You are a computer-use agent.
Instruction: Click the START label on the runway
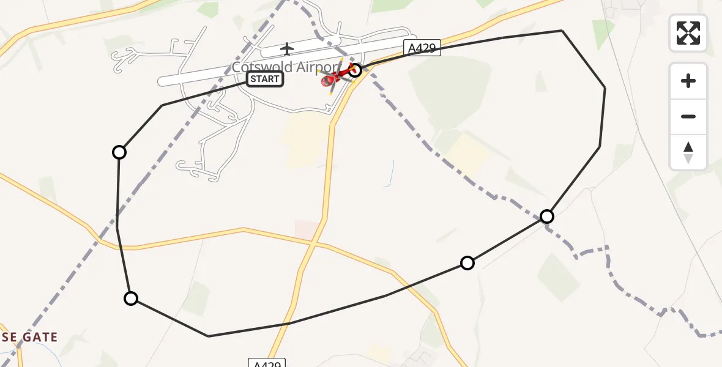pyautogui.click(x=265, y=79)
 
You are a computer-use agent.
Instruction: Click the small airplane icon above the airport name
pyautogui.click(x=286, y=48)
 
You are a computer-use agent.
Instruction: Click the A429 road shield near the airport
pyautogui.click(x=422, y=48)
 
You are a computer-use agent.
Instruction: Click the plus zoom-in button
pyautogui.click(x=688, y=81)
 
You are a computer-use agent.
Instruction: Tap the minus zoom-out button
pyautogui.click(x=688, y=116)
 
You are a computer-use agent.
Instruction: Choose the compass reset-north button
pyautogui.click(x=688, y=152)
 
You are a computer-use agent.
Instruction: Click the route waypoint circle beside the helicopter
pyautogui.click(x=355, y=70)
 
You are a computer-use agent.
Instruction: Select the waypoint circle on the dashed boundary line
pyautogui.click(x=547, y=216)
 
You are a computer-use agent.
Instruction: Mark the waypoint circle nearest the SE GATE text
pyautogui.click(x=131, y=298)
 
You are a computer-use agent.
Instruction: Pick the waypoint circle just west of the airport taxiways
pyautogui.click(x=119, y=152)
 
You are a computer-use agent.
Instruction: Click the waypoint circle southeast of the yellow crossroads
pyautogui.click(x=467, y=263)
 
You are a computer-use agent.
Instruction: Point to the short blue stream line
pyautogui.click(x=390, y=174)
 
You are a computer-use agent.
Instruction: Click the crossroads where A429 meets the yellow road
pyautogui.click(x=314, y=243)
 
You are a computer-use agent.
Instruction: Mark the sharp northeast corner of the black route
pyautogui.click(x=562, y=31)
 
